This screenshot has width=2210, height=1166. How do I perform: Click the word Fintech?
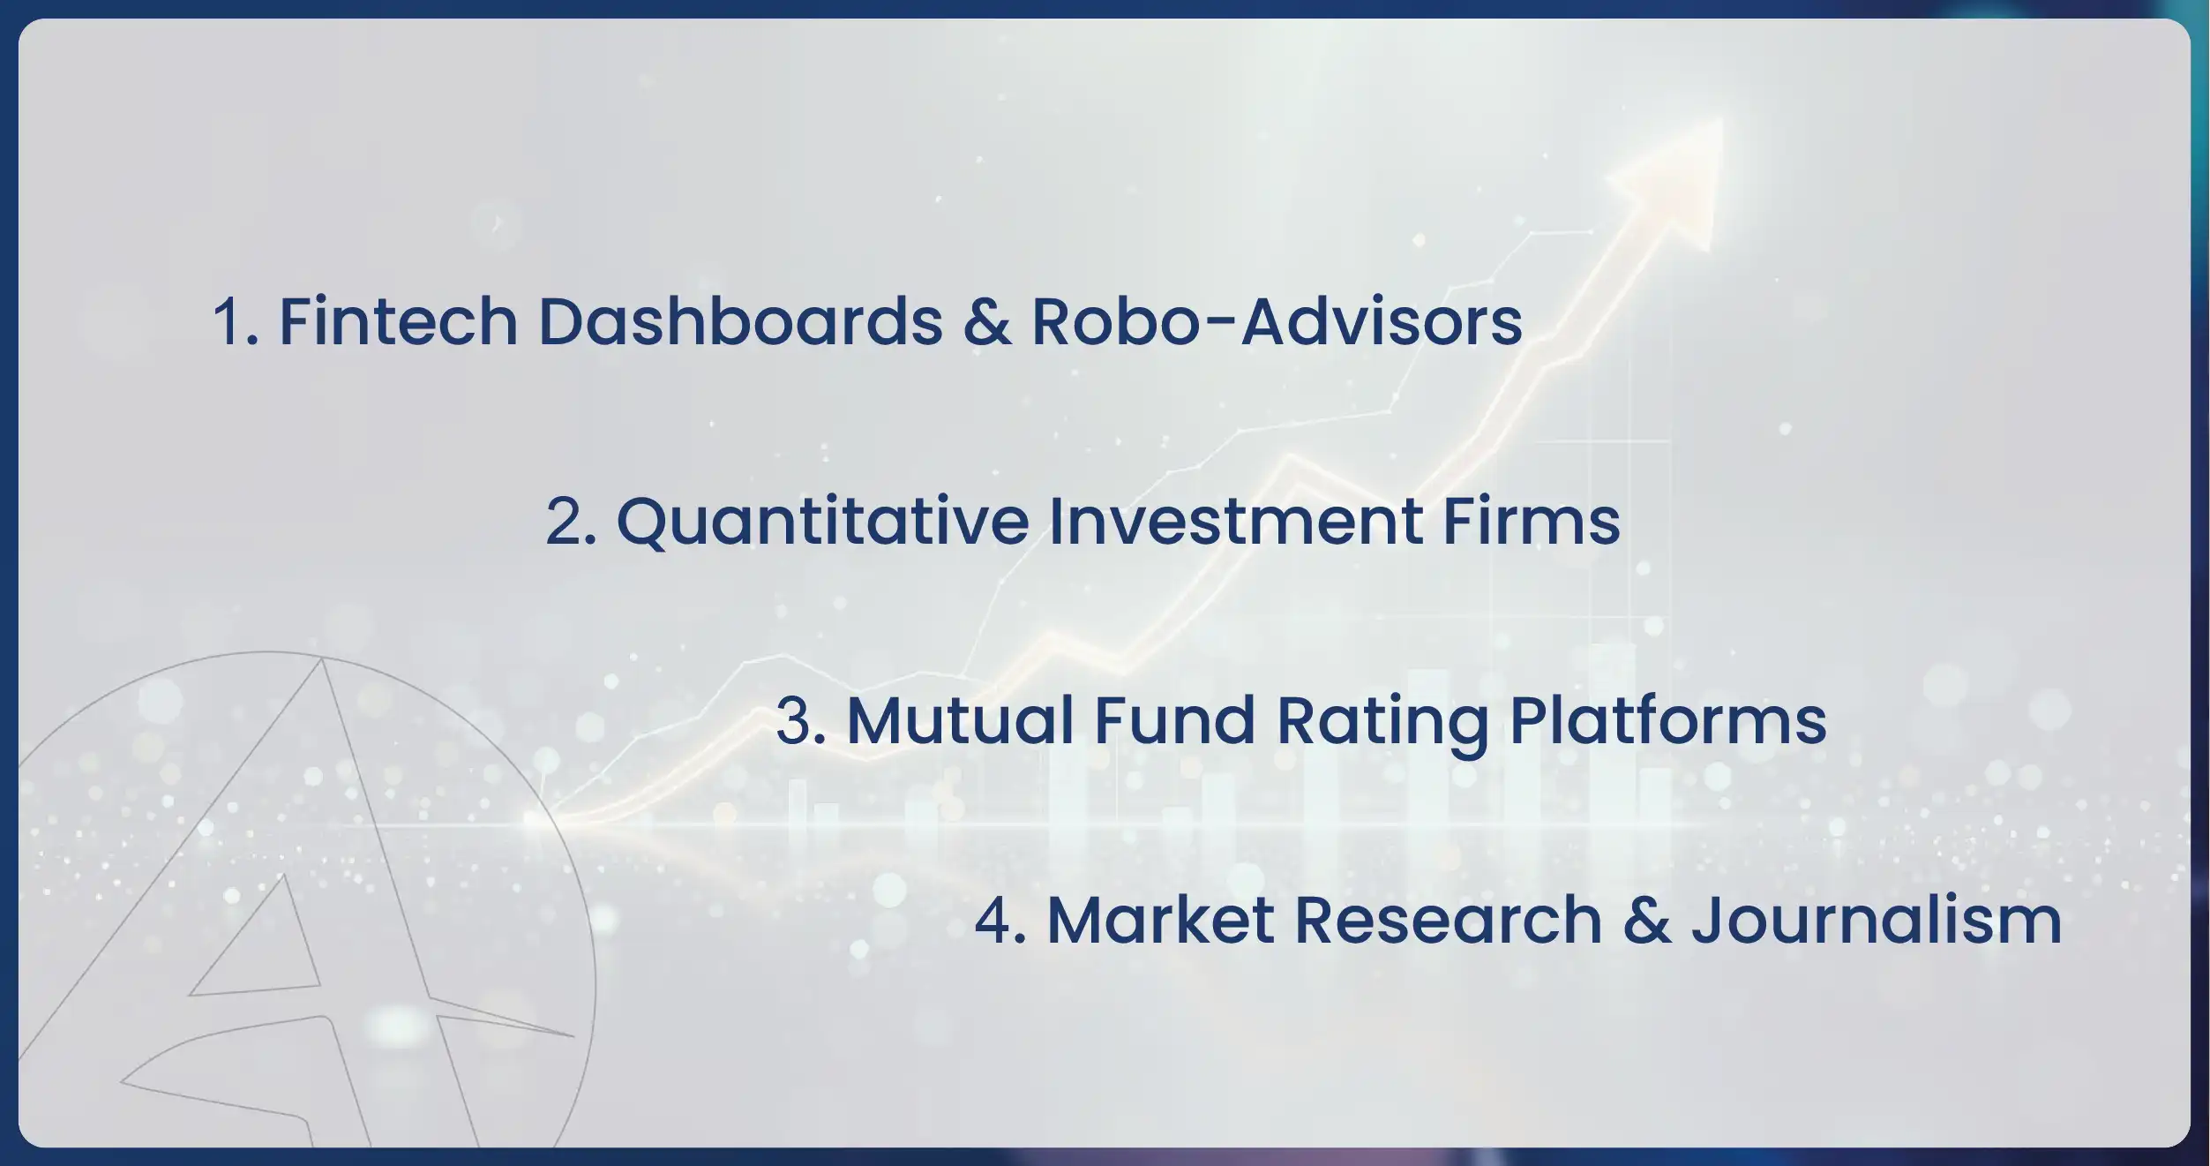coord(398,320)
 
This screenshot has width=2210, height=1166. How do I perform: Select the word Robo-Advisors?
coord(1277,320)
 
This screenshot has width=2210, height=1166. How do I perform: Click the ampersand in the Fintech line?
coord(987,321)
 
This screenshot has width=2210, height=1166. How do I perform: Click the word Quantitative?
coord(822,521)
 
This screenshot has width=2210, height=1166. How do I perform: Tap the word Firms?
coord(1532,521)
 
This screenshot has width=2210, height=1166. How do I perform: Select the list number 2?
coord(571,522)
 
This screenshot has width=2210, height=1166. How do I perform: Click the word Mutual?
coord(960,720)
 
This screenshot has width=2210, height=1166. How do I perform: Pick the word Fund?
coord(1174,720)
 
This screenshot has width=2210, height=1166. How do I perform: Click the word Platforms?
coord(1668,720)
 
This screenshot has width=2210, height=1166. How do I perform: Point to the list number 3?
coord(800,721)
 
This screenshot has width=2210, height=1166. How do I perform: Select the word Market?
coord(1161,920)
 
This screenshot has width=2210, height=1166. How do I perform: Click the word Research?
coord(1449,920)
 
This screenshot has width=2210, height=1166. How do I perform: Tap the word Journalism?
coord(1877,920)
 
